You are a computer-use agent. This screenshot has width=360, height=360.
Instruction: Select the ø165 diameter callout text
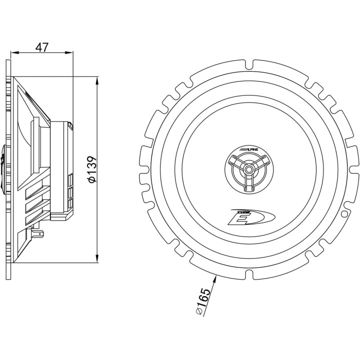click(201, 302)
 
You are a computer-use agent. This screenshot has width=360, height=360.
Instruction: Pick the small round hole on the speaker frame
click(344, 212)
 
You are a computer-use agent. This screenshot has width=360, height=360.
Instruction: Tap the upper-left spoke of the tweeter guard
click(238, 162)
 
